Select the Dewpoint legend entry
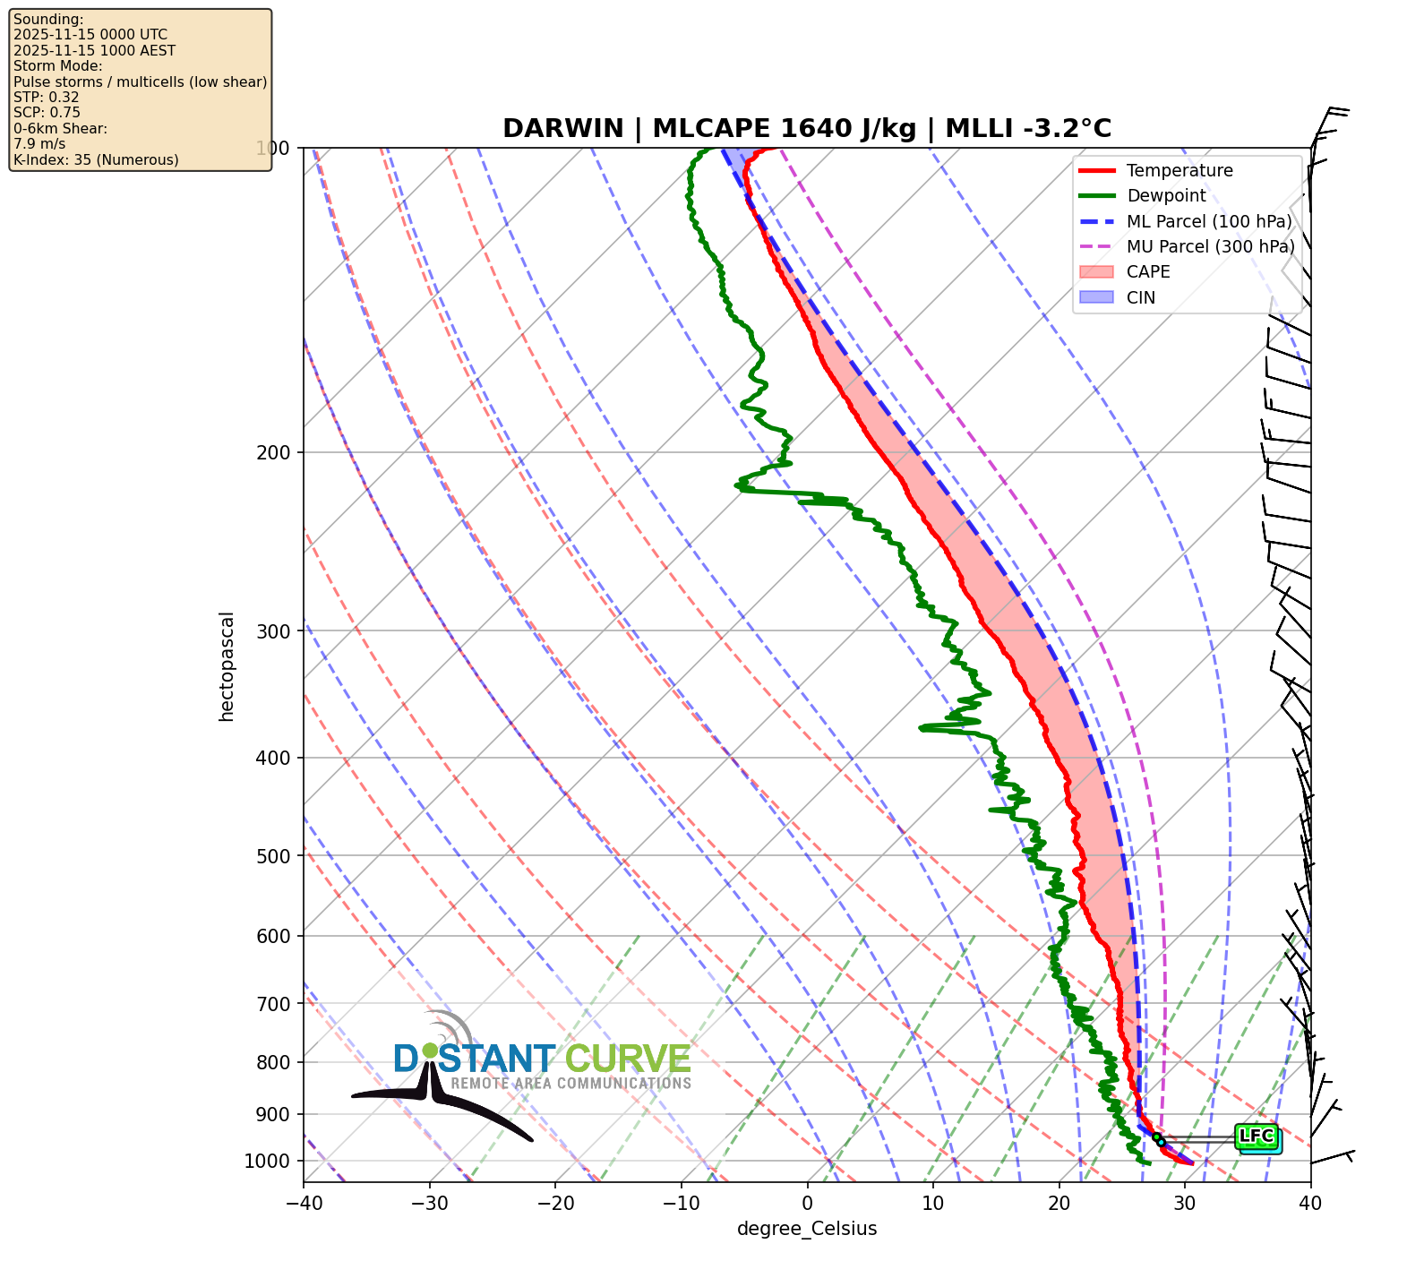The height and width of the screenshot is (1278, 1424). point(1166,196)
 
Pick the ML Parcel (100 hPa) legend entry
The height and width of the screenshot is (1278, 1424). point(1209,221)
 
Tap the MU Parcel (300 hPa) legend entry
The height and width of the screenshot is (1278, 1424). point(1210,246)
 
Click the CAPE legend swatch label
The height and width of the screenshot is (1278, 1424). point(1148,272)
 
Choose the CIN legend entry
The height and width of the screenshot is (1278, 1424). point(1141,297)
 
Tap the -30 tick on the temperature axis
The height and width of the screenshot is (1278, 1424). point(429,1203)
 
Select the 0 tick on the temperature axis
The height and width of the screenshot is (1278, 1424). point(807,1203)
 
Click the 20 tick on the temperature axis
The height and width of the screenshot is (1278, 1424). point(1059,1203)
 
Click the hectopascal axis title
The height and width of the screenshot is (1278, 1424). point(227,666)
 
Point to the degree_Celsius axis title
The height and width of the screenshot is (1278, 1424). point(807,1229)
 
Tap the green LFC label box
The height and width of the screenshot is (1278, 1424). point(1256,1136)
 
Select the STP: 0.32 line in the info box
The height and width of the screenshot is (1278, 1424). point(47,97)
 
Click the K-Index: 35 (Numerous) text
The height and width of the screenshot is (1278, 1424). point(96,160)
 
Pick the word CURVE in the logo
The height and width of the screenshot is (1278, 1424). point(628,1059)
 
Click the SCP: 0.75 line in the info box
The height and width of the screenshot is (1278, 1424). point(47,113)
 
